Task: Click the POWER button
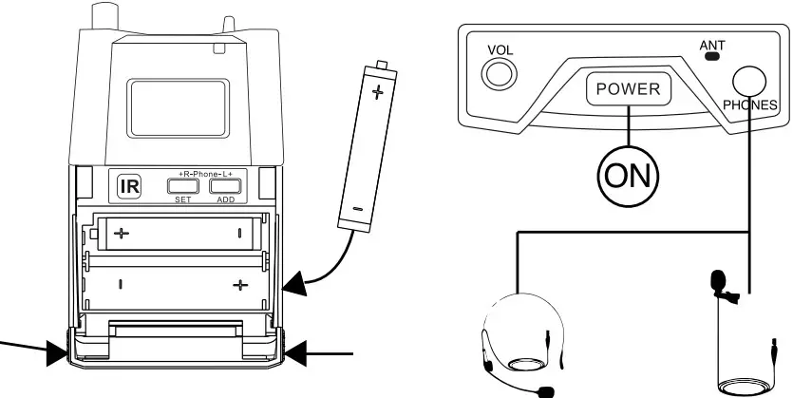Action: (628, 89)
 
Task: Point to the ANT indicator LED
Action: (711, 56)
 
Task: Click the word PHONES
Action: (749, 104)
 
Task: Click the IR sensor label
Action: (128, 186)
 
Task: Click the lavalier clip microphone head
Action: (718, 283)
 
